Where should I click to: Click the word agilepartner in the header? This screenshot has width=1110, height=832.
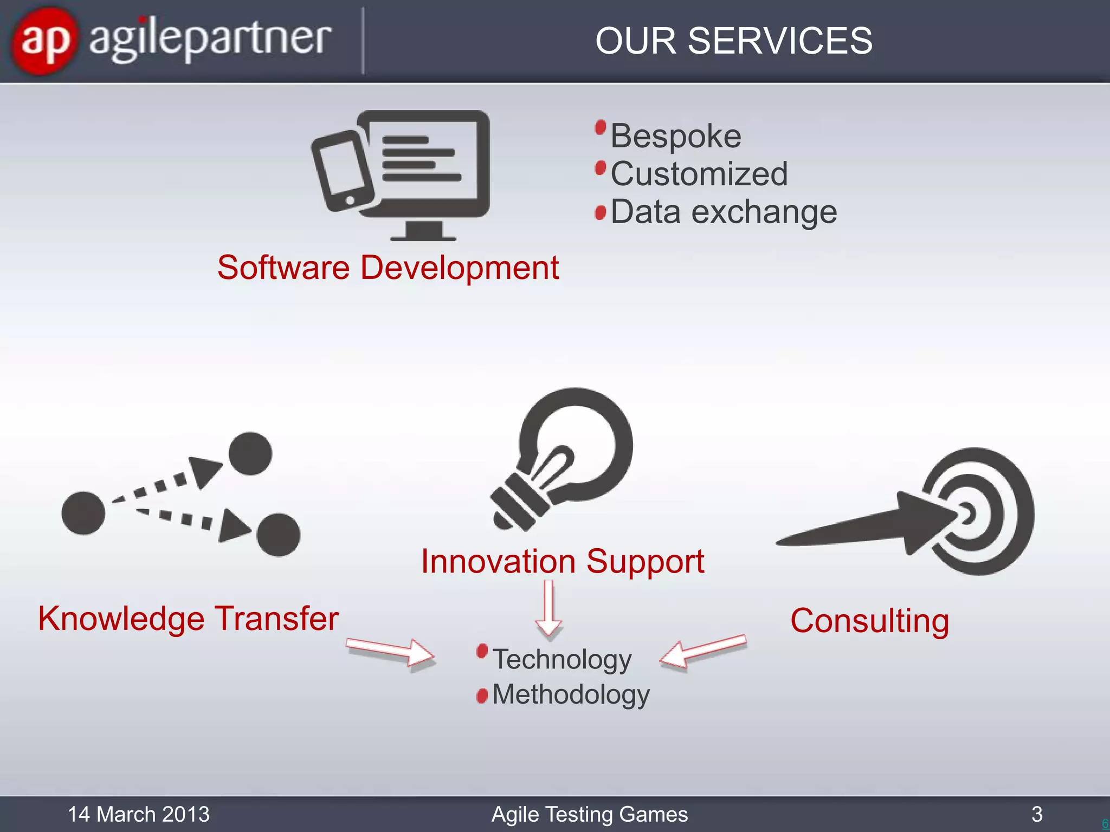(209, 40)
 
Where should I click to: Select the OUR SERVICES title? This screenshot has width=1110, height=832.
(733, 41)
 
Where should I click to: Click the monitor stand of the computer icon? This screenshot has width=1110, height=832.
(423, 230)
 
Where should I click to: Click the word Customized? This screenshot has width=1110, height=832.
(699, 174)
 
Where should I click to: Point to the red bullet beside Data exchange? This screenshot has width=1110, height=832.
(600, 212)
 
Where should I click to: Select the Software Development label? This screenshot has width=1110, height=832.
(388, 268)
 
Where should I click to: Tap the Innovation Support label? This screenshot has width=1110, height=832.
(562, 561)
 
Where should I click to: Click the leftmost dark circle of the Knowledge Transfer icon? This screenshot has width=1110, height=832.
(83, 513)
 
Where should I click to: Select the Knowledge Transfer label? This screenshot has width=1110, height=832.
(188, 619)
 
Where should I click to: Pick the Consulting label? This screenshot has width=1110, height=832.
(869, 621)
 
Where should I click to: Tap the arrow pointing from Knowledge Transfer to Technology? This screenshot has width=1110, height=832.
(390, 651)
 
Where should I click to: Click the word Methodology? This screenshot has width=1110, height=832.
(570, 695)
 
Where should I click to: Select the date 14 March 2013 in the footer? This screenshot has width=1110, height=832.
(138, 814)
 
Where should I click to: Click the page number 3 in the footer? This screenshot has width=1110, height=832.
(1037, 814)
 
